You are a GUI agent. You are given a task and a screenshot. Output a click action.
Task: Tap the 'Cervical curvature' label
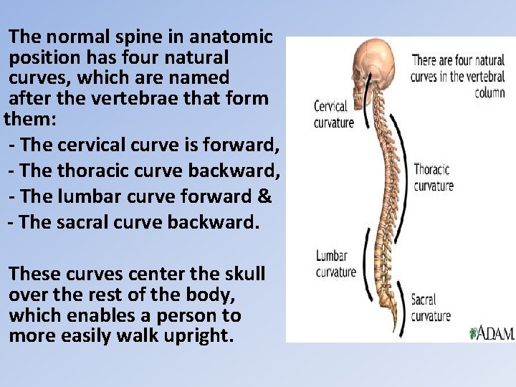click(334, 114)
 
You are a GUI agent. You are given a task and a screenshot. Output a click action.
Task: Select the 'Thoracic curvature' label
click(434, 178)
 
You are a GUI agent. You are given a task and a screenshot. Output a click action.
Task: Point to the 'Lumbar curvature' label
click(336, 263)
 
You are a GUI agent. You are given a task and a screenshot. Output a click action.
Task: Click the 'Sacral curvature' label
click(431, 307)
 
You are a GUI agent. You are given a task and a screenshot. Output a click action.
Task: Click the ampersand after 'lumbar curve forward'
click(264, 197)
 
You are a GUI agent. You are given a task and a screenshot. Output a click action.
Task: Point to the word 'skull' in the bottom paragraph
click(242, 274)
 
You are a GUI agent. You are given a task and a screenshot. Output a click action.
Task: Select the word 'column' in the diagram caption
click(489, 92)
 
